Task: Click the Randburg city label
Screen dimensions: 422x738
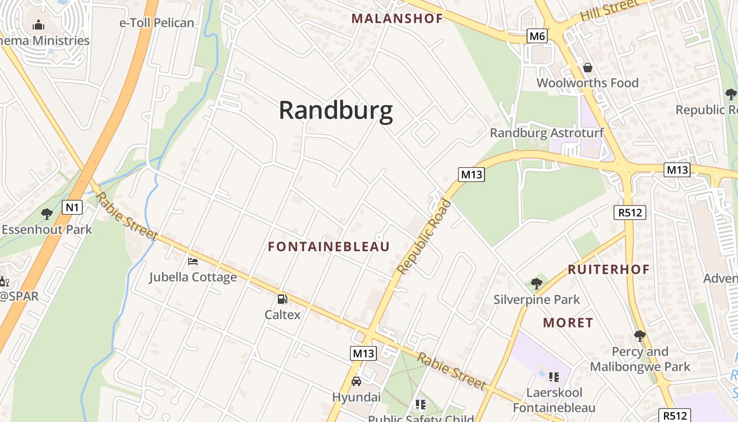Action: (336, 111)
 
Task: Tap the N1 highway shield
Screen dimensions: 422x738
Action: (72, 207)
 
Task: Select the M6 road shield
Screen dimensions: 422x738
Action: (537, 36)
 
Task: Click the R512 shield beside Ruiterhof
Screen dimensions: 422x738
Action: (629, 213)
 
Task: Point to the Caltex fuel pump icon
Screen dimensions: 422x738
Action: (283, 300)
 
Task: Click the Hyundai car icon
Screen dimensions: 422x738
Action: (356, 381)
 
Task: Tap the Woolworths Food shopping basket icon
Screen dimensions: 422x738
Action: (587, 68)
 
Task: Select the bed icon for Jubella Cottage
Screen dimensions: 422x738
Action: (193, 261)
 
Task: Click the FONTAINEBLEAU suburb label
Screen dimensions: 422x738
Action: (329, 247)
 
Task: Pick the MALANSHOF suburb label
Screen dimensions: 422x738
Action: (397, 18)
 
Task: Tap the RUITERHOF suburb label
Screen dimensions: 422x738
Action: (609, 270)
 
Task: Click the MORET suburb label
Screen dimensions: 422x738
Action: (568, 323)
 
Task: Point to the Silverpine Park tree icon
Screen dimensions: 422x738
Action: (537, 284)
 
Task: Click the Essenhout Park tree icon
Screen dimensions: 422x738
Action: (47, 214)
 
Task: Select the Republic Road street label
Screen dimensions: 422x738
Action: (424, 237)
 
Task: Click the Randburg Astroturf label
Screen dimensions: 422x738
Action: (547, 133)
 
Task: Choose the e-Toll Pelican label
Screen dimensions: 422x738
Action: (157, 23)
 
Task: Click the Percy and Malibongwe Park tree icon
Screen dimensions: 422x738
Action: (639, 335)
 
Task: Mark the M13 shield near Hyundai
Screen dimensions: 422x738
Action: (363, 353)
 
